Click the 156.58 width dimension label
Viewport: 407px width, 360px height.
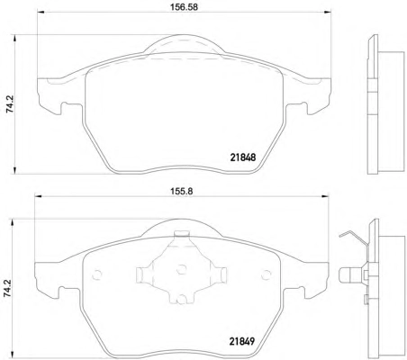coord(185,7)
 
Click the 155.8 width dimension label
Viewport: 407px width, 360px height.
coord(182,191)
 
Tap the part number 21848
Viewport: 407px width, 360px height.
coord(243,157)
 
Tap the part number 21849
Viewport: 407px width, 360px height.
coord(242,341)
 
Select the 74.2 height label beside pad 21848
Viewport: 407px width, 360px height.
coord(11,104)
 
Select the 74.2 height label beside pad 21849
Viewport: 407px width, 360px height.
coord(7,288)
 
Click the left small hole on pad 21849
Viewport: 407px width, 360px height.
coord(96,274)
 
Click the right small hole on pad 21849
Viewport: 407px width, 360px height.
coord(266,274)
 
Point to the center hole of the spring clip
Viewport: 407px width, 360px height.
coord(181,269)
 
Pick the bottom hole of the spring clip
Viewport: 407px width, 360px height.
coord(181,299)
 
